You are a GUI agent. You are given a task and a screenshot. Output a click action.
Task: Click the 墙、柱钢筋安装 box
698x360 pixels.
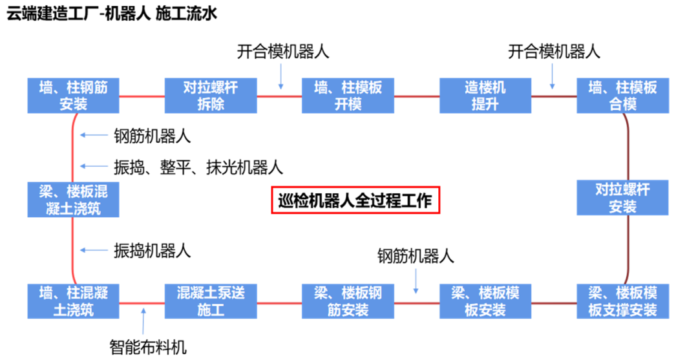(x=73, y=96)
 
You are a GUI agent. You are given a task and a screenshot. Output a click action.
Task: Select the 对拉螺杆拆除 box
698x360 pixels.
(x=211, y=96)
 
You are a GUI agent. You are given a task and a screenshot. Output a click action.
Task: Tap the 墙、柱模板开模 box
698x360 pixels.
(x=348, y=96)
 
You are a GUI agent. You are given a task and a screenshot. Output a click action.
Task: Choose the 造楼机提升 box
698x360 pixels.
(x=485, y=96)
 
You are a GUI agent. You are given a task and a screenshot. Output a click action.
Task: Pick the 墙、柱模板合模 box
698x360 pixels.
(x=622, y=96)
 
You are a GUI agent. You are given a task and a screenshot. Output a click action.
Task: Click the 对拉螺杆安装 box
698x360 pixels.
(x=622, y=197)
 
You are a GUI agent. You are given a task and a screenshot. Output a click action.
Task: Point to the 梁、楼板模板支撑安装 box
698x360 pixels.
(x=622, y=301)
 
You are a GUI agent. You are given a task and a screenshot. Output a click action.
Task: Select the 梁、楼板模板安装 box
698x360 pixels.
(x=485, y=301)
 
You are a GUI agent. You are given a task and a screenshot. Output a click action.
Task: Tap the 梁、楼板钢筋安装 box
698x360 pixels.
(x=348, y=301)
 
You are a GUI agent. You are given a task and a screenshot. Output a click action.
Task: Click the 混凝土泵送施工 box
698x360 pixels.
(x=211, y=301)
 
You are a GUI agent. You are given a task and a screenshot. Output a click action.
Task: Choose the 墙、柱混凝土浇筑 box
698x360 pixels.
(x=73, y=301)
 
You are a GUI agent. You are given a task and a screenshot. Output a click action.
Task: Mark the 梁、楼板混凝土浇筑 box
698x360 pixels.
(x=73, y=199)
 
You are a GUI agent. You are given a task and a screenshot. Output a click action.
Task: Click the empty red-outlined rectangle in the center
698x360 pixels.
(x=356, y=200)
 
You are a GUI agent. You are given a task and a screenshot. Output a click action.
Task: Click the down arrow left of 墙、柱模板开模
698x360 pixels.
(x=280, y=76)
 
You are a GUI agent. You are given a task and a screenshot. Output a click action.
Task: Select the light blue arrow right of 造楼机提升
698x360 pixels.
(x=552, y=76)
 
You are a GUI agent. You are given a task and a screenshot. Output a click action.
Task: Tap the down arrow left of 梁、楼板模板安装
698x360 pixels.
(x=416, y=281)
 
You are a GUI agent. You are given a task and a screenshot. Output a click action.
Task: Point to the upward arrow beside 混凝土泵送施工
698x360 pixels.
(x=143, y=321)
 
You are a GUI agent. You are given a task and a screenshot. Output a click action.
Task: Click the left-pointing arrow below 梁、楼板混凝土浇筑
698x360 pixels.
(x=94, y=250)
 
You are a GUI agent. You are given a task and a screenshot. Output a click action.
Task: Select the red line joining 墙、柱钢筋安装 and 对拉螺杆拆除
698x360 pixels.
(x=142, y=96)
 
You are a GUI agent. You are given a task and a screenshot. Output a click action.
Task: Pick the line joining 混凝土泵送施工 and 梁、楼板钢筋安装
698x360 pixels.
(x=279, y=302)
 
